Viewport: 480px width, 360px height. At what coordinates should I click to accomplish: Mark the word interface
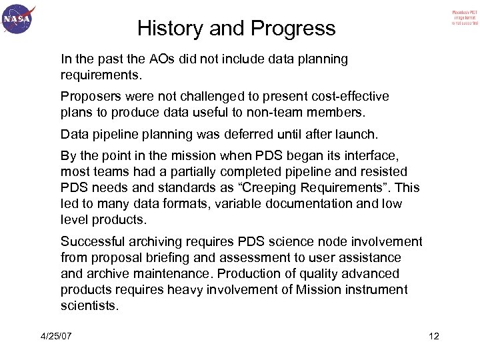click(373, 157)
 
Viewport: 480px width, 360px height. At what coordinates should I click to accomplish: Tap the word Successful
click(92, 240)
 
